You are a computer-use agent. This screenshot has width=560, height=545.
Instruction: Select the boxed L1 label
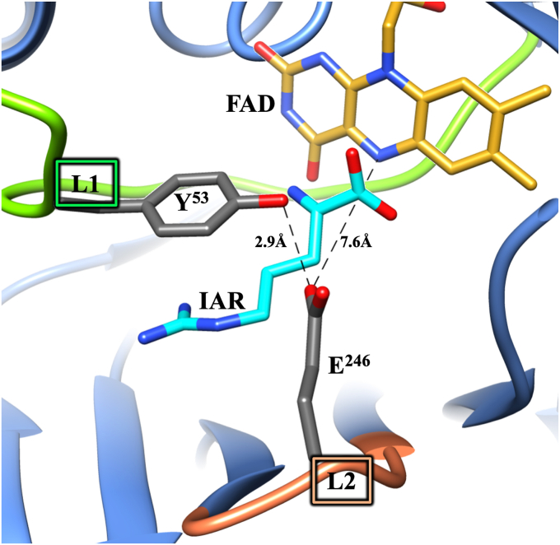coord(87,184)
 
